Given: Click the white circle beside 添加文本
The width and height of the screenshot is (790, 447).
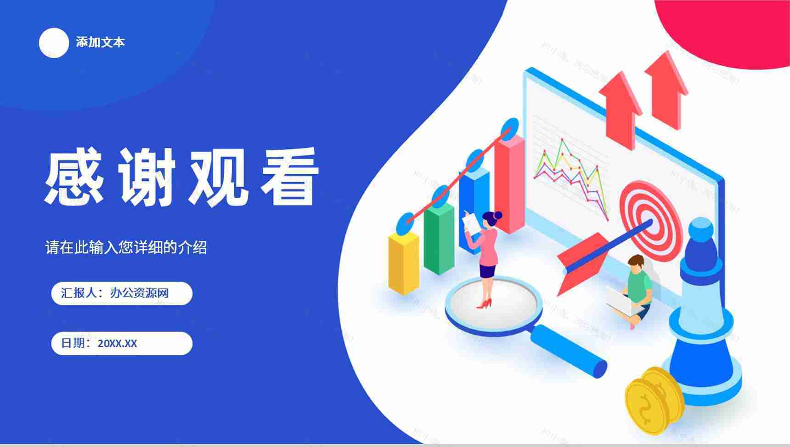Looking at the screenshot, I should click(x=54, y=43).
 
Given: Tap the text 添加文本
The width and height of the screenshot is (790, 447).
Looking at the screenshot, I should click(x=100, y=42).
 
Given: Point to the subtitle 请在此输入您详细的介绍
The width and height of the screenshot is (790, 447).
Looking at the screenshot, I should click(x=126, y=247).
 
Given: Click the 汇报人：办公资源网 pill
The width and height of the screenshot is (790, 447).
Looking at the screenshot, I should click(x=122, y=293).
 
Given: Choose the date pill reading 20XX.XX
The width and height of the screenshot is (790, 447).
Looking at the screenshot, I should click(x=122, y=344).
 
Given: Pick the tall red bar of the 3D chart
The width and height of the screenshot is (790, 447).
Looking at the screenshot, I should click(x=509, y=184).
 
